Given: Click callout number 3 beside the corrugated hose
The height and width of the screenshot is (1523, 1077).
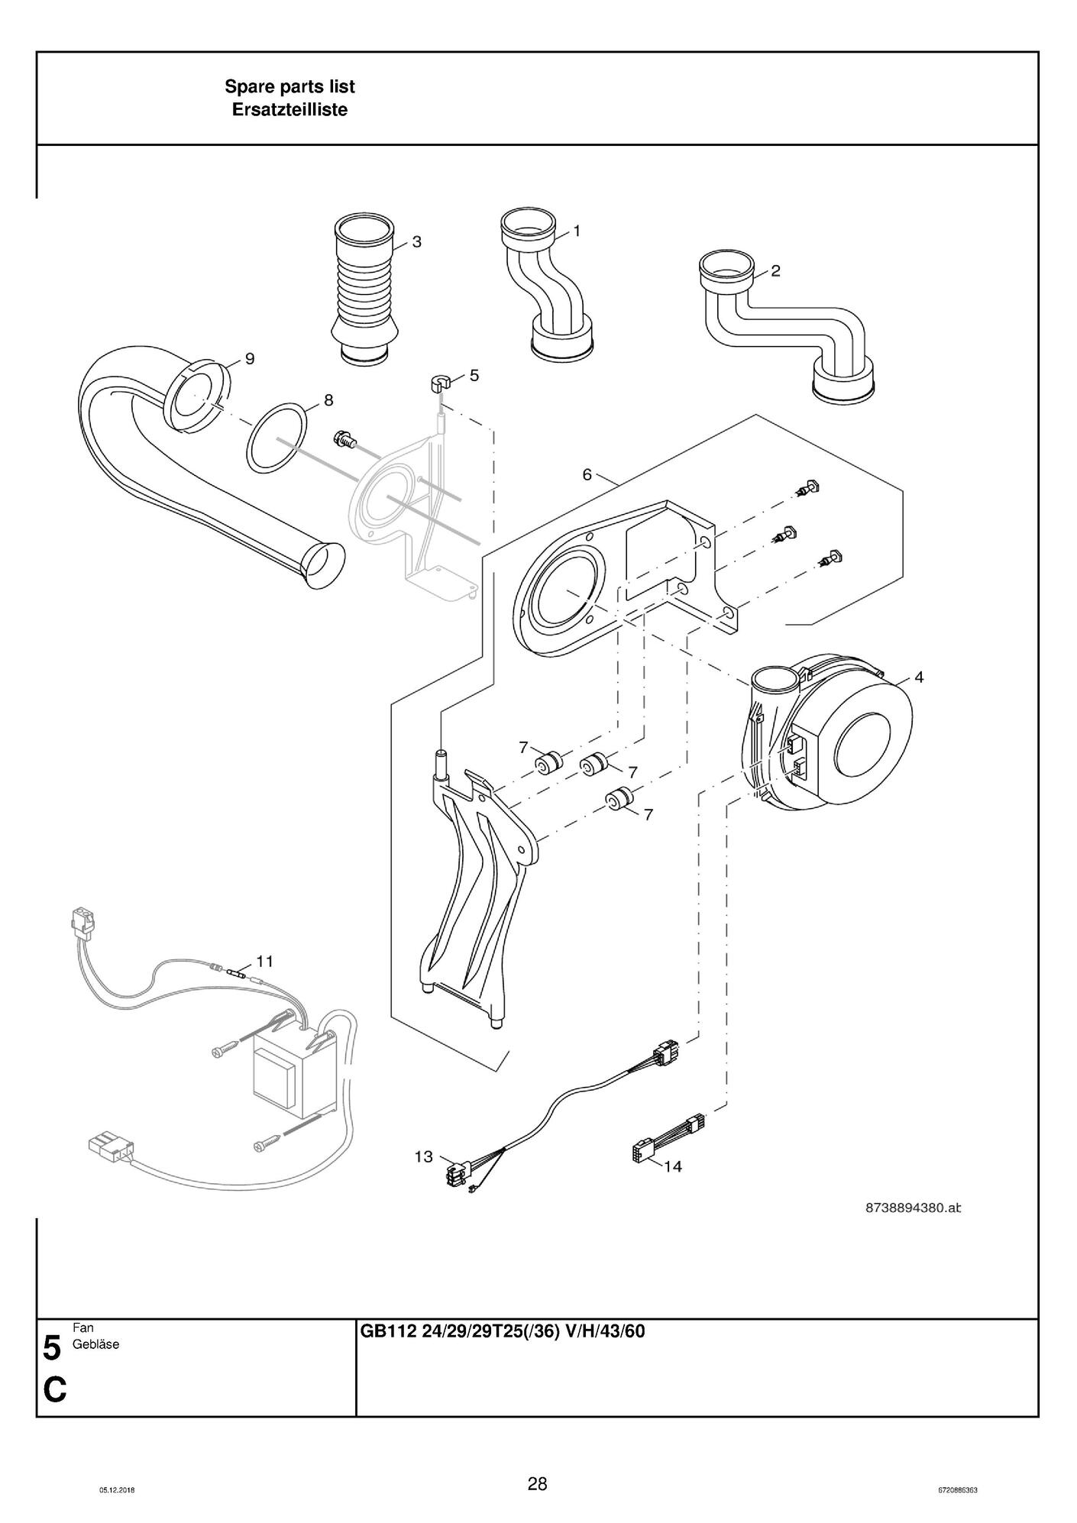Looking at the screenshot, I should point(416,242).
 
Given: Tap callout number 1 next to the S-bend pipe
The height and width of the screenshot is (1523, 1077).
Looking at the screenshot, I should point(577,230).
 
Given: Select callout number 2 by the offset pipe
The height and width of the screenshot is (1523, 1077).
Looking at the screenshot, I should point(775,270).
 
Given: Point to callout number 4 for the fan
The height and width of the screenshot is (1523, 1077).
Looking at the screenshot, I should point(919,677).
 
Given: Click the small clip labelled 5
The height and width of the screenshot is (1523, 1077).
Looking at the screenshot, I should point(438,383).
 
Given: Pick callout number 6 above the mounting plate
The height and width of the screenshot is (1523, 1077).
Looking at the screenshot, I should point(587,474).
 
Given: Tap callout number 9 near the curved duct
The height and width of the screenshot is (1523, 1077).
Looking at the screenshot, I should point(249,359).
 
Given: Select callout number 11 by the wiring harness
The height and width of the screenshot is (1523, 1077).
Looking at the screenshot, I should point(264,961).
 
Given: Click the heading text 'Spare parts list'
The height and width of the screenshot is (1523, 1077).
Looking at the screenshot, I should point(289,87).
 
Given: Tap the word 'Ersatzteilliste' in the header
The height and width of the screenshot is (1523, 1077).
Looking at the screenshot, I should point(289,110).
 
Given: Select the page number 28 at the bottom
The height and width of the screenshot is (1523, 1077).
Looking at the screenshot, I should point(537,1483).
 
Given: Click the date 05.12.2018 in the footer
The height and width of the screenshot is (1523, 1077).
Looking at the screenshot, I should point(117,1490).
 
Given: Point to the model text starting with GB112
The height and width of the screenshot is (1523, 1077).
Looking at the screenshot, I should point(502,1332).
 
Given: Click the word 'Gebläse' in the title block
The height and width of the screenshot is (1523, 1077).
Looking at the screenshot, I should point(95,1344).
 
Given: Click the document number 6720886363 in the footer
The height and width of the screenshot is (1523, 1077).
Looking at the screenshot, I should point(958,1490).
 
